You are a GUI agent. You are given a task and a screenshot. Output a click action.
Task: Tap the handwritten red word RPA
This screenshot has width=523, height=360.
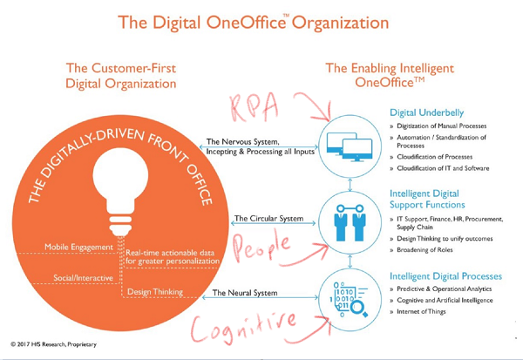pyautogui.click(x=255, y=106)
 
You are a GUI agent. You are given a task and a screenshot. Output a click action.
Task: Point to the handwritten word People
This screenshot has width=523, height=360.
pyautogui.click(x=261, y=247)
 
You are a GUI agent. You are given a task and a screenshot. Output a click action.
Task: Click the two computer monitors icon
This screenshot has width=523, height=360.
pyautogui.click(x=350, y=147)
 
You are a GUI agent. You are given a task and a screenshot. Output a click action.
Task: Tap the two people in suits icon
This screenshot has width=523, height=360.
pyautogui.click(x=350, y=223)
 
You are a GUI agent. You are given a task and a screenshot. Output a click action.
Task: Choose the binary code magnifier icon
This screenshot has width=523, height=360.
pyautogui.click(x=350, y=299)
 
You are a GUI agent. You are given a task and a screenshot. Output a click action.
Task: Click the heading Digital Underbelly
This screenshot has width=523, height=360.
pyautogui.click(x=426, y=112)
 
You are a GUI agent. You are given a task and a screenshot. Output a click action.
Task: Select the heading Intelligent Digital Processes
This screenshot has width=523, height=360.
pyautogui.click(x=445, y=276)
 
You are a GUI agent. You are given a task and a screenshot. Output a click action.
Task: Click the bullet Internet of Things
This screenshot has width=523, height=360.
pyautogui.click(x=421, y=311)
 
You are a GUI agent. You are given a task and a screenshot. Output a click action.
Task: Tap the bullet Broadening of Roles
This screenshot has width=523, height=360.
pyautogui.click(x=425, y=250)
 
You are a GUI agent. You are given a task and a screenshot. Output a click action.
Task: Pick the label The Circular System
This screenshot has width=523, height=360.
pyautogui.click(x=268, y=219)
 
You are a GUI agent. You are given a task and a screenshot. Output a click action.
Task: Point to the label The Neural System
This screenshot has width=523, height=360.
pyautogui.click(x=245, y=293)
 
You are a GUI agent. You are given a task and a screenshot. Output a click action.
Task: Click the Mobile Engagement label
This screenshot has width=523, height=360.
pyautogui.click(x=78, y=248)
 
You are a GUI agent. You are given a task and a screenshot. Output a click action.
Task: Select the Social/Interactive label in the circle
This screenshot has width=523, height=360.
pyautogui.click(x=83, y=278)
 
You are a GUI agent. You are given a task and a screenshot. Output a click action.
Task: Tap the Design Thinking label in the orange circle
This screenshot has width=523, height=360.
pyautogui.click(x=155, y=292)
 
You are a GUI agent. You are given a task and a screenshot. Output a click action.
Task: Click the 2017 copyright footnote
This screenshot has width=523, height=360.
pyautogui.click(x=53, y=344)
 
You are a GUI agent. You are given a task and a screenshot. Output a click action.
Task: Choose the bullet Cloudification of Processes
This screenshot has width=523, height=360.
pyautogui.click(x=435, y=157)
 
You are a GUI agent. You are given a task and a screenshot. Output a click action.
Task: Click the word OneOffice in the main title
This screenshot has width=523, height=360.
pyautogui.click(x=246, y=23)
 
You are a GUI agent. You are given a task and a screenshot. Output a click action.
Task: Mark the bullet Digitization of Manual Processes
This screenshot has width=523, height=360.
pyautogui.click(x=442, y=126)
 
